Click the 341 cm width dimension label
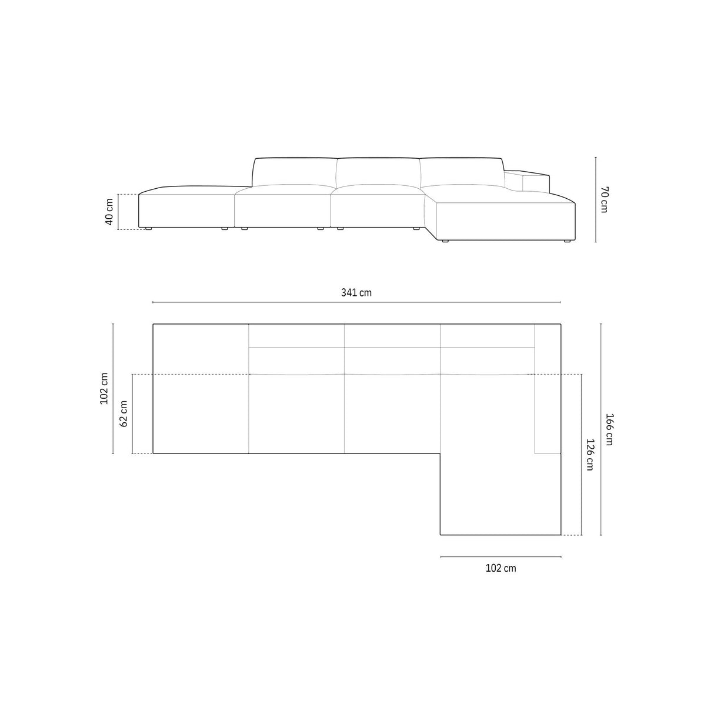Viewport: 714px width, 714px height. pyautogui.click(x=356, y=292)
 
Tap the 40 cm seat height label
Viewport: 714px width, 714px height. pyautogui.click(x=109, y=212)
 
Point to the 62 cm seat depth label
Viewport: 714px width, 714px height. pyautogui.click(x=124, y=414)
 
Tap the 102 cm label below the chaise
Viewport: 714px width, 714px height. pyautogui.click(x=501, y=568)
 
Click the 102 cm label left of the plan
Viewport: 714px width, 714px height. pyautogui.click(x=105, y=388)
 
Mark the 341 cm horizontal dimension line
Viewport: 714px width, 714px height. pyautogui.click(x=356, y=302)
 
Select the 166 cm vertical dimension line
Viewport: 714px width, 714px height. pyautogui.click(x=600, y=430)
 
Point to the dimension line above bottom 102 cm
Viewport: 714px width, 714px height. pyautogui.click(x=501, y=556)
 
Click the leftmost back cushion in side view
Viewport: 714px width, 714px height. pyautogui.click(x=295, y=171)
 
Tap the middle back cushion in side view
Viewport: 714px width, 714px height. pyautogui.click(x=378, y=171)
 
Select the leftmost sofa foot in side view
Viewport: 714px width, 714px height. pyautogui.click(x=148, y=228)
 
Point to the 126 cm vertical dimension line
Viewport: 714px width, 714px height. pyautogui.click(x=581, y=455)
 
